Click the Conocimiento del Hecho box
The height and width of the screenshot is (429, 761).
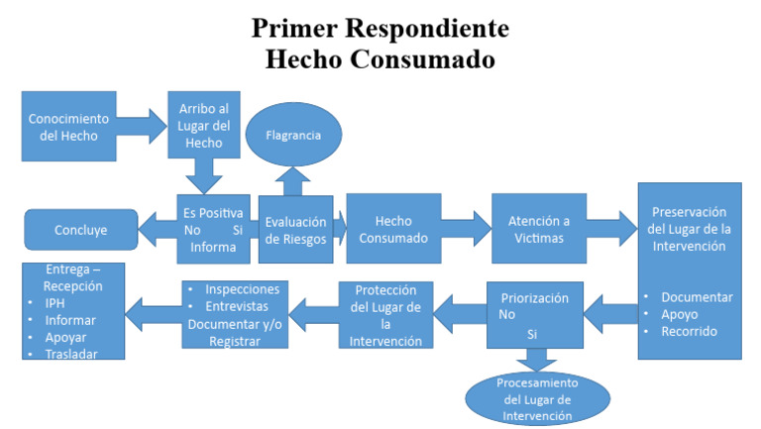coord(63,126)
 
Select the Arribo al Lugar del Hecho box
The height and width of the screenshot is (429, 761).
coord(206,126)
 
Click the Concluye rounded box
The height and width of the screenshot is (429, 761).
coord(81,231)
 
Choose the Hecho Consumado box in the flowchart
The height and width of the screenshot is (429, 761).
coord(393,229)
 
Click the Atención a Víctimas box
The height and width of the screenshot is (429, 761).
coord(539,229)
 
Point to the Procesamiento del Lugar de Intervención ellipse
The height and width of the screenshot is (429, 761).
coord(536,398)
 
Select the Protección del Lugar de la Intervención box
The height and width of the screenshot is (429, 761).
coord(384,315)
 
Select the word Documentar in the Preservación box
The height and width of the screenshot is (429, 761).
coord(697,297)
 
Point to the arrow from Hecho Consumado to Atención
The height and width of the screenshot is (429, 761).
coord(466,229)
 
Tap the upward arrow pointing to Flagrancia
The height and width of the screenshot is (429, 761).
coord(291,179)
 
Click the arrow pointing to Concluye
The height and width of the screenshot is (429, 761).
coord(157,231)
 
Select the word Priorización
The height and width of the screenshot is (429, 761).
coord(535,296)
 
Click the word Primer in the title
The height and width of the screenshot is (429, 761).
coord(296,28)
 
